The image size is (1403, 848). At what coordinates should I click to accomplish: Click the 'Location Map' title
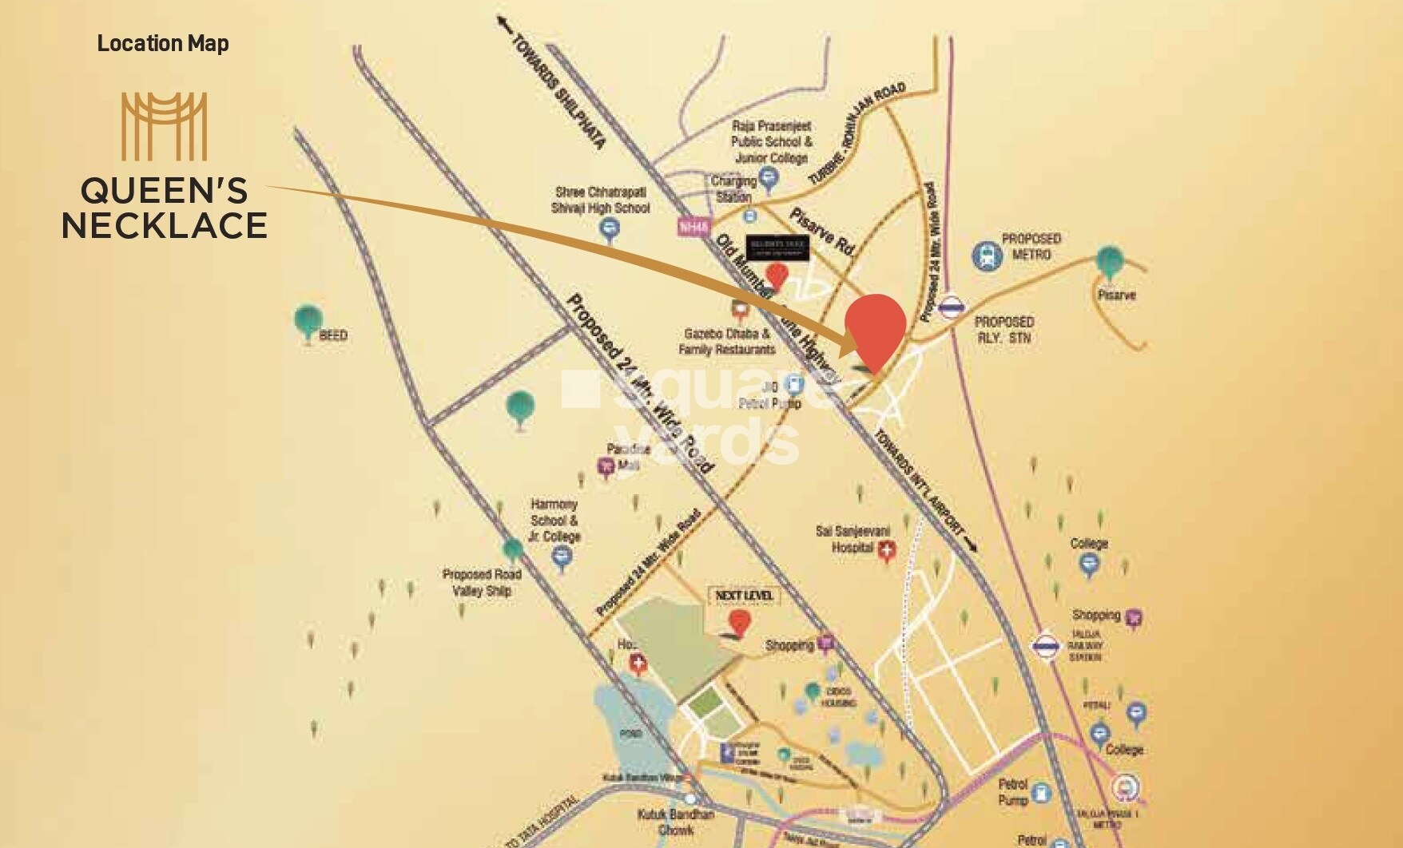(163, 43)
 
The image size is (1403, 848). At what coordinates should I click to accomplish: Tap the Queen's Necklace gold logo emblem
(164, 126)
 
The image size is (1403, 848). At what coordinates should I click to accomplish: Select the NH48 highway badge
(694, 227)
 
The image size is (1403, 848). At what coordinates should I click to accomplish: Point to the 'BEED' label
(332, 335)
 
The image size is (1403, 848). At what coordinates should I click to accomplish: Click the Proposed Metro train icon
(988, 256)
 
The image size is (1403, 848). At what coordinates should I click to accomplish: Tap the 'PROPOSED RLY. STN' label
(1004, 329)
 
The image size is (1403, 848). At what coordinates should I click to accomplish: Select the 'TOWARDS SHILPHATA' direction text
(558, 92)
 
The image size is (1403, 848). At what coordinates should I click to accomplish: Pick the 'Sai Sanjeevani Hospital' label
(852, 539)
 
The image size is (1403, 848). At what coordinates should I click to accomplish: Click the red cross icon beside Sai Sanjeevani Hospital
(887, 549)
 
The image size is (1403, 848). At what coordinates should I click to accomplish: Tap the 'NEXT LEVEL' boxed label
(744, 596)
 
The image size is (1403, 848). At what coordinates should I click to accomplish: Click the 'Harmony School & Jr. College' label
(554, 521)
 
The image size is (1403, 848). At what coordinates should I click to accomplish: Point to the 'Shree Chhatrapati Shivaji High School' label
(601, 200)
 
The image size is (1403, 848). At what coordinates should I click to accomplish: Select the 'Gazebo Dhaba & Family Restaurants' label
(726, 342)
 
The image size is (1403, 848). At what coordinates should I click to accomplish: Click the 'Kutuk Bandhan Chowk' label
(676, 822)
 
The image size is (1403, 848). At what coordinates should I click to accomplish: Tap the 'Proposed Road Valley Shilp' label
(482, 582)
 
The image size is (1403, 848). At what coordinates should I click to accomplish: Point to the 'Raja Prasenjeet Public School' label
(771, 141)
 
